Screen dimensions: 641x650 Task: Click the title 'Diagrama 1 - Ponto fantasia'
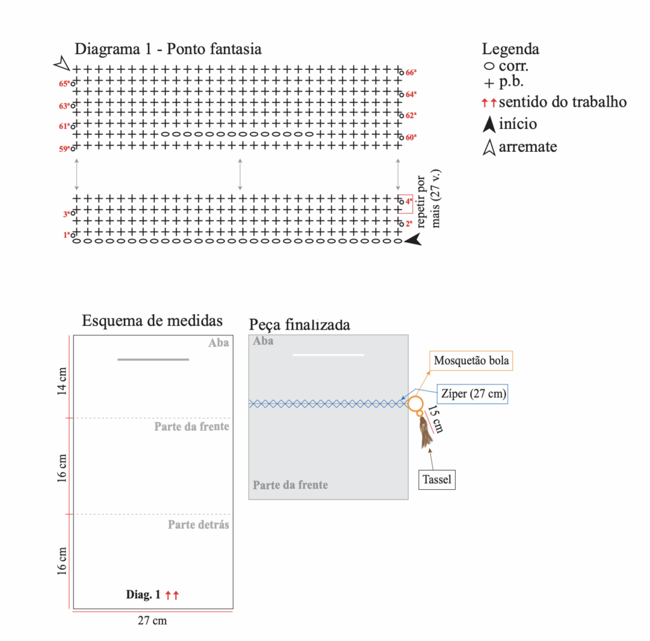click(168, 49)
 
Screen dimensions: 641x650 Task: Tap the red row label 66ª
click(411, 72)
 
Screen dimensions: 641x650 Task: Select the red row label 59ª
click(63, 149)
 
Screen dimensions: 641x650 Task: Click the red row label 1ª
click(66, 235)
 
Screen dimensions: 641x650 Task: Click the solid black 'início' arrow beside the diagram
click(413, 239)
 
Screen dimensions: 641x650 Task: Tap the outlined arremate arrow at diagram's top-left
click(61, 63)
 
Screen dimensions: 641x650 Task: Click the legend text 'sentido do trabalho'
click(563, 102)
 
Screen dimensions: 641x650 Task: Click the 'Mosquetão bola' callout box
click(471, 361)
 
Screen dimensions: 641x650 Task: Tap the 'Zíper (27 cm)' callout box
click(474, 394)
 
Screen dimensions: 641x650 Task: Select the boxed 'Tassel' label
click(437, 479)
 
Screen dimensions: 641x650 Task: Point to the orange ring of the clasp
click(415, 403)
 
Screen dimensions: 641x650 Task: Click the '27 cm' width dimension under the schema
click(152, 621)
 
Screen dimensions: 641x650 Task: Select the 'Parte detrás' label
click(198, 525)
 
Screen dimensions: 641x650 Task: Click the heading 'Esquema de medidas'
click(152, 321)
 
